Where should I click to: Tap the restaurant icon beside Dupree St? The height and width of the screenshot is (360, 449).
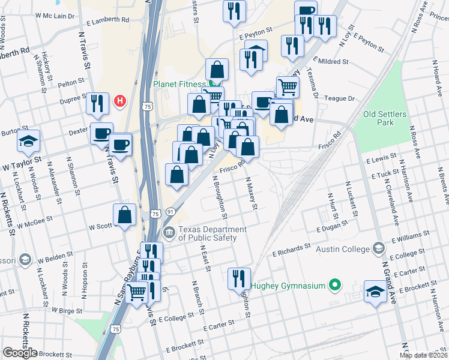[97, 103]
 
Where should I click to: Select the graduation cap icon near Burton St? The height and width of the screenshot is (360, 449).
[28, 141]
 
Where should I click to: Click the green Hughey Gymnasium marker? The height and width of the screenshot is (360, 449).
[336, 286]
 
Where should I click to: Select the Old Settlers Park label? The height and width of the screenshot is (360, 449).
[385, 118]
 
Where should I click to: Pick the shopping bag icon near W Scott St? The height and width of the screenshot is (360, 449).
[124, 215]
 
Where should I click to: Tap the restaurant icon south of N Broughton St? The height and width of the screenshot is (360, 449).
[239, 278]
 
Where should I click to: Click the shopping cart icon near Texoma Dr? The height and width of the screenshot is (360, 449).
[288, 87]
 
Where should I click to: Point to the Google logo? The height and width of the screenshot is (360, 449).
[20, 353]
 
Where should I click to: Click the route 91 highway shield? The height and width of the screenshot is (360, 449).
[171, 211]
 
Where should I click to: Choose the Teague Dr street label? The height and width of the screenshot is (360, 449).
[338, 98]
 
